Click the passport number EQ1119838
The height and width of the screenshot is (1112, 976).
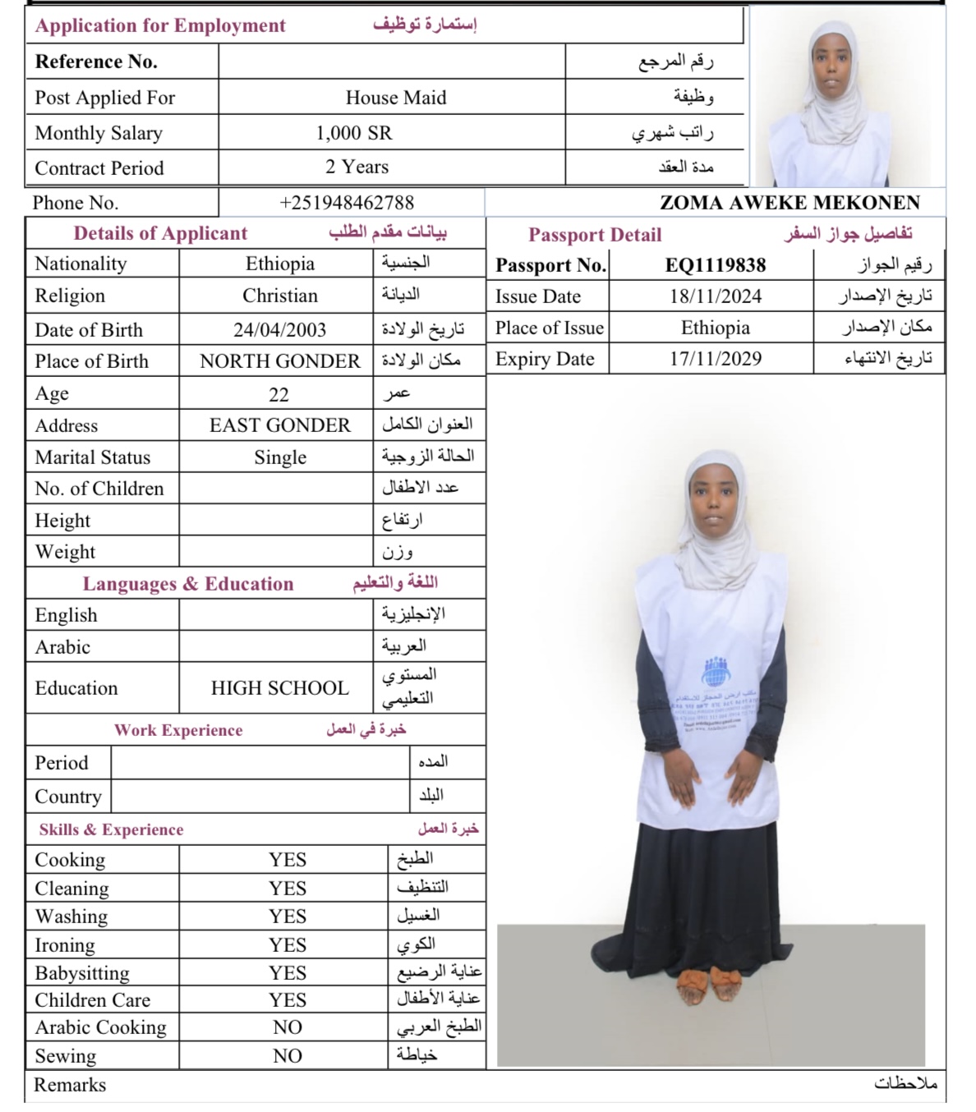click(x=715, y=265)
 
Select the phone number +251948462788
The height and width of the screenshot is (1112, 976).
click(x=347, y=203)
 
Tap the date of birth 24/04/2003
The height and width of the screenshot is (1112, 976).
click(x=279, y=330)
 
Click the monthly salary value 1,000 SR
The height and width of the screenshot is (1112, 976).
click(x=354, y=133)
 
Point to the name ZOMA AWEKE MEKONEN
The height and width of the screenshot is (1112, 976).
click(x=790, y=203)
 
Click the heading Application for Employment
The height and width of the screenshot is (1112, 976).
click(x=160, y=25)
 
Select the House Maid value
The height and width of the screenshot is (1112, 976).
click(x=396, y=98)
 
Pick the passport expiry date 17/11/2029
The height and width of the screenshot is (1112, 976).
click(x=715, y=359)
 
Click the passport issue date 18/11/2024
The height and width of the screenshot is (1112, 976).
click(x=715, y=296)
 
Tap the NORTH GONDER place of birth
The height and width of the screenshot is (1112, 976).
click(x=279, y=361)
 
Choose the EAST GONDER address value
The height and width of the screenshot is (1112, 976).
click(x=279, y=425)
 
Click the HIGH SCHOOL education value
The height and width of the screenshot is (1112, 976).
click(x=279, y=688)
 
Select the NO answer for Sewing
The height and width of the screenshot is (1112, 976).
click(x=288, y=1056)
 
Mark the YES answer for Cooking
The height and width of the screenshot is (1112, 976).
click(x=288, y=860)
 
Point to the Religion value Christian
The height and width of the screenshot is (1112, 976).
click(x=279, y=296)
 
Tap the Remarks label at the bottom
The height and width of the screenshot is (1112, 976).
click(x=70, y=1085)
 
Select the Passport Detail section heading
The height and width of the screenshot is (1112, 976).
click(x=595, y=235)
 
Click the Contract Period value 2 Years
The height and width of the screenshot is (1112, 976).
click(x=357, y=167)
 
